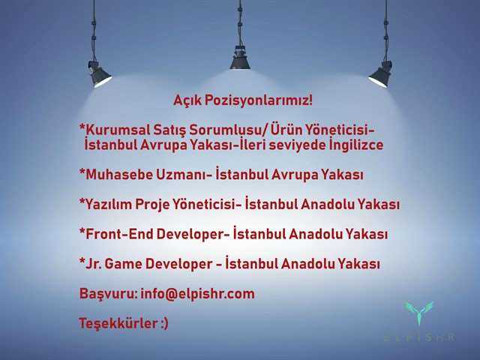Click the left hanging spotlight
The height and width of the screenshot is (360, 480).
pyautogui.click(x=98, y=73)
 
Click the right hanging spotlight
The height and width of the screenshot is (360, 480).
pyautogui.click(x=380, y=74)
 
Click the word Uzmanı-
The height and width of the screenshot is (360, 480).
pyautogui.click(x=184, y=175)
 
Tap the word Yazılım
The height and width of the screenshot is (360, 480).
pyautogui.click(x=108, y=205)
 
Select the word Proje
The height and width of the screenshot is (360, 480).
pyautogui.click(x=152, y=205)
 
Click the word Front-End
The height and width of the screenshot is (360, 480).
pyautogui.click(x=119, y=234)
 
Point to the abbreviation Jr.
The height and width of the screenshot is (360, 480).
pyautogui.click(x=93, y=264)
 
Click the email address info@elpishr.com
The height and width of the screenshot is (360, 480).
pyautogui.click(x=197, y=293)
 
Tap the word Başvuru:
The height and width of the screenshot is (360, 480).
pyautogui.click(x=108, y=294)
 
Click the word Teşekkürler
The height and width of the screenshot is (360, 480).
pyautogui.click(x=118, y=323)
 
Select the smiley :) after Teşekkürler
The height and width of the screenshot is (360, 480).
pyautogui.click(x=164, y=324)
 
